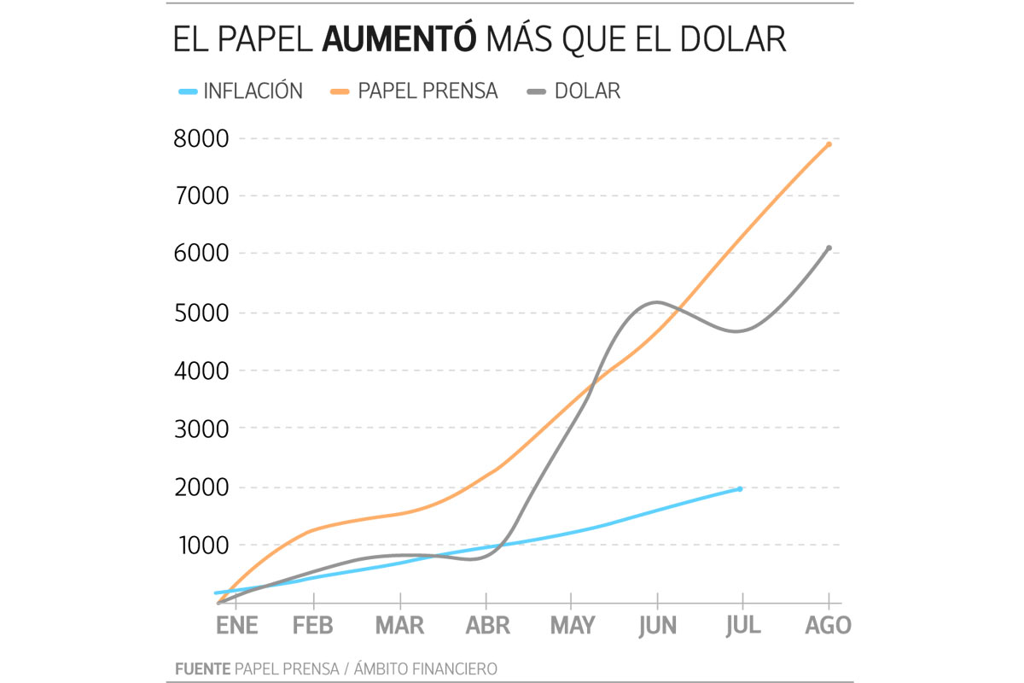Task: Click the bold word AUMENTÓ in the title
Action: [x=399, y=40]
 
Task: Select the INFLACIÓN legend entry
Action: [x=253, y=91]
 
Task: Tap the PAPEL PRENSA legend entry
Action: [x=428, y=91]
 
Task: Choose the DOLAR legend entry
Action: [x=587, y=91]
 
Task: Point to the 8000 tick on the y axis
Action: [x=201, y=138]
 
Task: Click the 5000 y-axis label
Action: [x=201, y=312]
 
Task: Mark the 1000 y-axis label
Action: [x=201, y=546]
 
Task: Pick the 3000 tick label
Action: [x=201, y=429]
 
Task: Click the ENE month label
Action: [x=236, y=626]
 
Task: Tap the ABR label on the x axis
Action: [x=486, y=626]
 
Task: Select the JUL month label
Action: [x=742, y=626]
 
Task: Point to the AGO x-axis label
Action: [x=828, y=626]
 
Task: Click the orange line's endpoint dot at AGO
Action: [x=829, y=144]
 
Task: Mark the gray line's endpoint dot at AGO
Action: [x=829, y=248]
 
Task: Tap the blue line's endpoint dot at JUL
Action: [x=740, y=488]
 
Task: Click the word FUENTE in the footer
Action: [x=202, y=668]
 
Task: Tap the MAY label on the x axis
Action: [x=572, y=626]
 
